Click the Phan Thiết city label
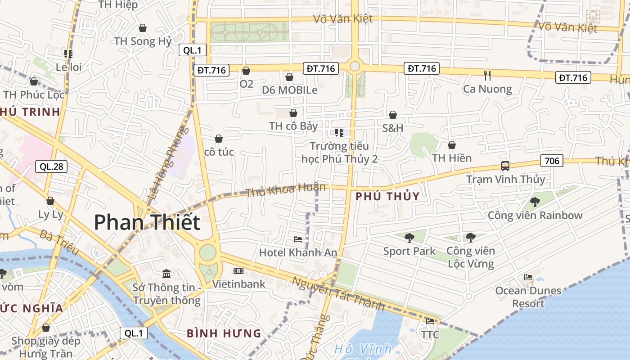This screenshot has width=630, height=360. pos(147,222)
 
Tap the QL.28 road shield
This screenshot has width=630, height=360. pos(51,166)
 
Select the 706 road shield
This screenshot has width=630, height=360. pos(552,161)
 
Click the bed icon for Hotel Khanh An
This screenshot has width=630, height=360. pos(298,239)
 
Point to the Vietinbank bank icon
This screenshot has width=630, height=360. pos(238,271)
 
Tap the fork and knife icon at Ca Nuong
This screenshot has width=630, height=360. pos(487,75)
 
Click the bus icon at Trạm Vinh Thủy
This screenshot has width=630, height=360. pos(505,166)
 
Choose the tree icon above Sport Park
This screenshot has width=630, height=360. pos(409,238)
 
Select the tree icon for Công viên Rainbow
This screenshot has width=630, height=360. pos(535,202)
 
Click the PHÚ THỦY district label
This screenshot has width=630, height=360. pos(387,196)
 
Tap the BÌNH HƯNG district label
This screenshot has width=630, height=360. pos(224,333)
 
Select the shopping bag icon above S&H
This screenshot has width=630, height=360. pos(393,115)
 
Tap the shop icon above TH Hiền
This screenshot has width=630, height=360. pos(452,145)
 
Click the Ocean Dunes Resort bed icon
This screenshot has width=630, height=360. pos(528,277)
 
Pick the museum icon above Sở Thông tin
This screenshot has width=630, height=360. pos(166,274)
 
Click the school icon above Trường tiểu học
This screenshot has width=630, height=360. pos(339,132)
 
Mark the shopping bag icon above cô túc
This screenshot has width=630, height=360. pos(219,139)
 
